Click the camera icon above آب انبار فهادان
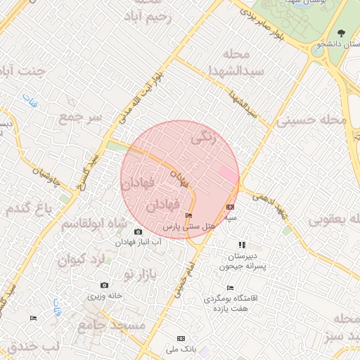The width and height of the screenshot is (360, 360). [138, 232]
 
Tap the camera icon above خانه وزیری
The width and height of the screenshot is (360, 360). [105, 285]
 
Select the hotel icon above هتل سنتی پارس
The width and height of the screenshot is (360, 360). [188, 216]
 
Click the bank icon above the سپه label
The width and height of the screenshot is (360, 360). [231, 207]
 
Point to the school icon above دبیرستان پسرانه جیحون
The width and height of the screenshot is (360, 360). [242, 245]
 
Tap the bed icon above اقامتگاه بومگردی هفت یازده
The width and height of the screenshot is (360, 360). [231, 288]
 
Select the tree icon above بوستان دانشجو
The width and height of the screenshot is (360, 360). [341, 33]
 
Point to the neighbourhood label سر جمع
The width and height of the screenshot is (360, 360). [81, 116]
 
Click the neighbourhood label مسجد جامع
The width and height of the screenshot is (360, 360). [111, 325]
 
